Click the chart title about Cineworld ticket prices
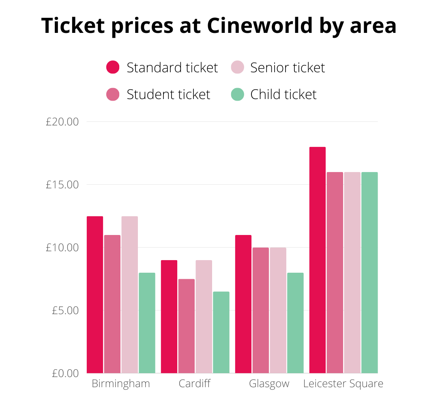(219, 26)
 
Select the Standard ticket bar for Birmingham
(95, 295)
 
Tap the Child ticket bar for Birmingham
(147, 323)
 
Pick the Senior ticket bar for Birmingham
(130, 295)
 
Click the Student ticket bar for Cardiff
(187, 326)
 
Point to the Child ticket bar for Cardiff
(221, 332)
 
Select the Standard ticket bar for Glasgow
(243, 304)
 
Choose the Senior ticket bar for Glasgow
(278, 310)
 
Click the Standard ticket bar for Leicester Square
(318, 260)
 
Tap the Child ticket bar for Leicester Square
(369, 272)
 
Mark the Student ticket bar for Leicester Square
(335, 272)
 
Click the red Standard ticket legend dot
(113, 67)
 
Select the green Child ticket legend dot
(237, 95)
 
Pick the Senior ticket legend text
(288, 67)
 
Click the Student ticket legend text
(168, 95)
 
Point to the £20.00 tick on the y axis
(62, 122)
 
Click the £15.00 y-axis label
(62, 185)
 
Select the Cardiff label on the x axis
(195, 384)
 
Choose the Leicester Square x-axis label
(343, 384)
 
